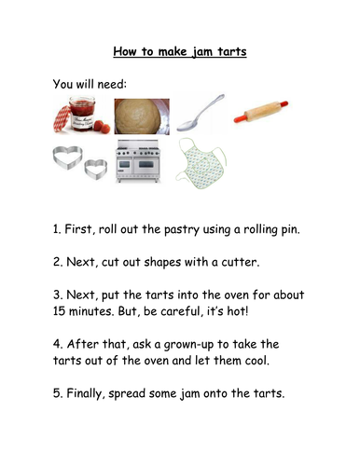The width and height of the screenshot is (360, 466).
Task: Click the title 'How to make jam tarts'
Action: pos(180,51)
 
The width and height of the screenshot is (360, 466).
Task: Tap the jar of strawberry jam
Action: pos(82,114)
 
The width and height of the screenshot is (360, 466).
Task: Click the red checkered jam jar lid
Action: pos(62,119)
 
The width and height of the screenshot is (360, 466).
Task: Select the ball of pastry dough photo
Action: pos(142,116)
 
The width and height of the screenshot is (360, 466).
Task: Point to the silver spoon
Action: pos(201,113)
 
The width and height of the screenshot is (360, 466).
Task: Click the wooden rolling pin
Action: pos(261,111)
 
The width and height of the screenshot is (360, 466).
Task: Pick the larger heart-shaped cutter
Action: pos(67,158)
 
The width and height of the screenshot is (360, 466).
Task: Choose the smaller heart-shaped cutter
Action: pos(96,171)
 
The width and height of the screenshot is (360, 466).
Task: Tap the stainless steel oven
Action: pos(138,161)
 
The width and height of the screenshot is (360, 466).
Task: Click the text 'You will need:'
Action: pos(90,84)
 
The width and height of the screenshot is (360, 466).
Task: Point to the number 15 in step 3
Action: pos(59,311)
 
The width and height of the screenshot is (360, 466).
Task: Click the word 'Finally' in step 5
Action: pos(84,393)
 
